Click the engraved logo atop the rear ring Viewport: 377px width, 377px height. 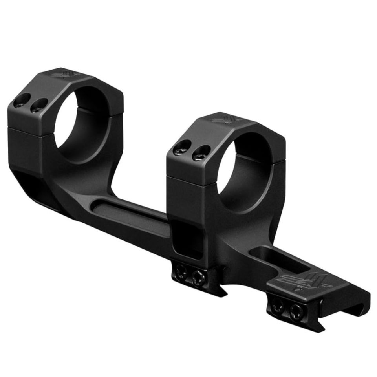click(x=63, y=74)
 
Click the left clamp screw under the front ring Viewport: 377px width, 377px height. click(x=181, y=271)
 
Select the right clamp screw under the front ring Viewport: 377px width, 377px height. click(x=198, y=276)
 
